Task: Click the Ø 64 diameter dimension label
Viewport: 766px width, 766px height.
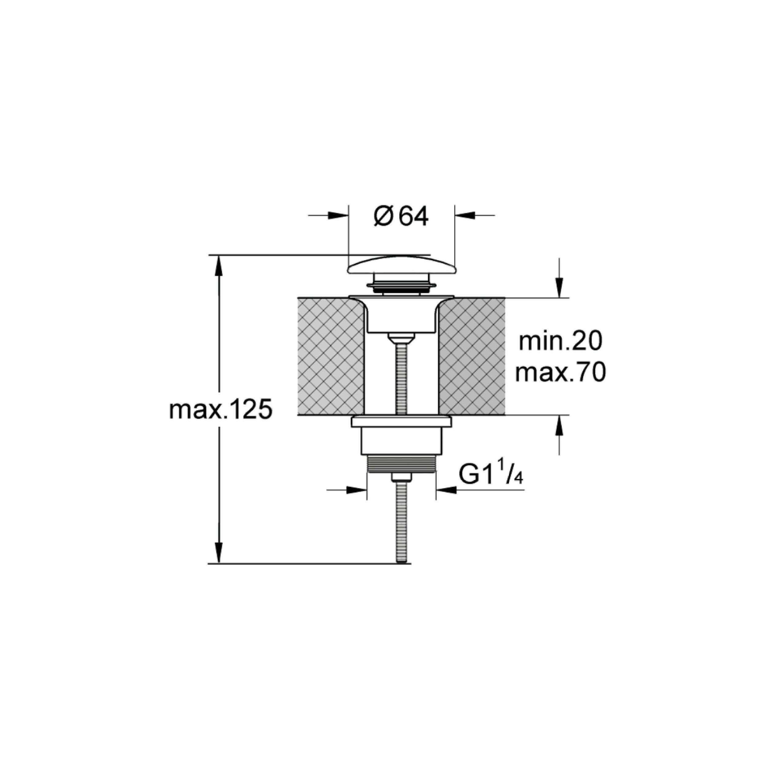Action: point(401,217)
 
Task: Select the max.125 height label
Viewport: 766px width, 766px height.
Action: point(221,410)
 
